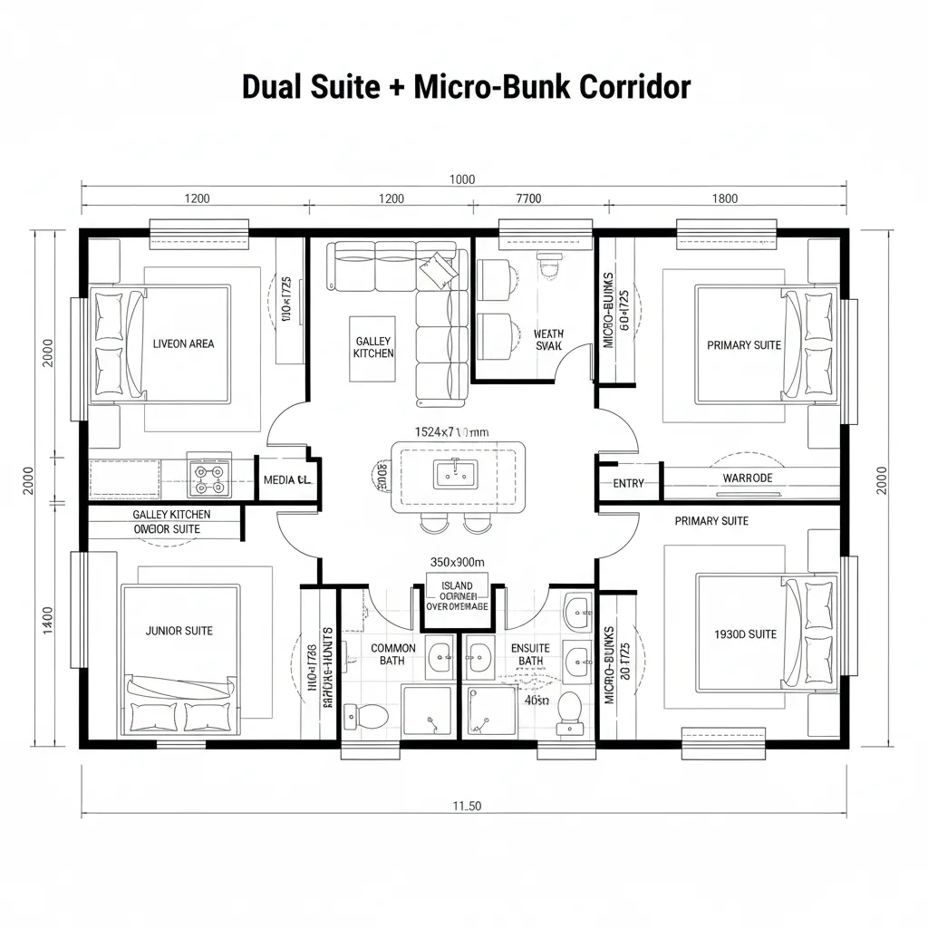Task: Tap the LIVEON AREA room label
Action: click(x=183, y=343)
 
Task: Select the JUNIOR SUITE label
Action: click(x=179, y=630)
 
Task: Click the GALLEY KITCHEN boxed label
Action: click(x=373, y=347)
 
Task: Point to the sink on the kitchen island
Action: click(x=450, y=472)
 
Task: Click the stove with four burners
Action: click(x=208, y=478)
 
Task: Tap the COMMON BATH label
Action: click(x=393, y=654)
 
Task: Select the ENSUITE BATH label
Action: click(x=530, y=654)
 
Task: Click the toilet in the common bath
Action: click(x=372, y=714)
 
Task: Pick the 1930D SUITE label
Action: click(x=746, y=634)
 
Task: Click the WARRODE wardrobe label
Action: click(x=747, y=478)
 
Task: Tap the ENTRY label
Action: click(x=628, y=483)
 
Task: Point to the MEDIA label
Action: click(x=286, y=480)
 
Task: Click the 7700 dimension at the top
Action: click(x=527, y=198)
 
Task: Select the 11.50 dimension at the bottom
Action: click(x=466, y=806)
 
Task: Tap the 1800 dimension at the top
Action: click(x=724, y=198)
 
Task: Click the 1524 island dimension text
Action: click(x=451, y=432)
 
